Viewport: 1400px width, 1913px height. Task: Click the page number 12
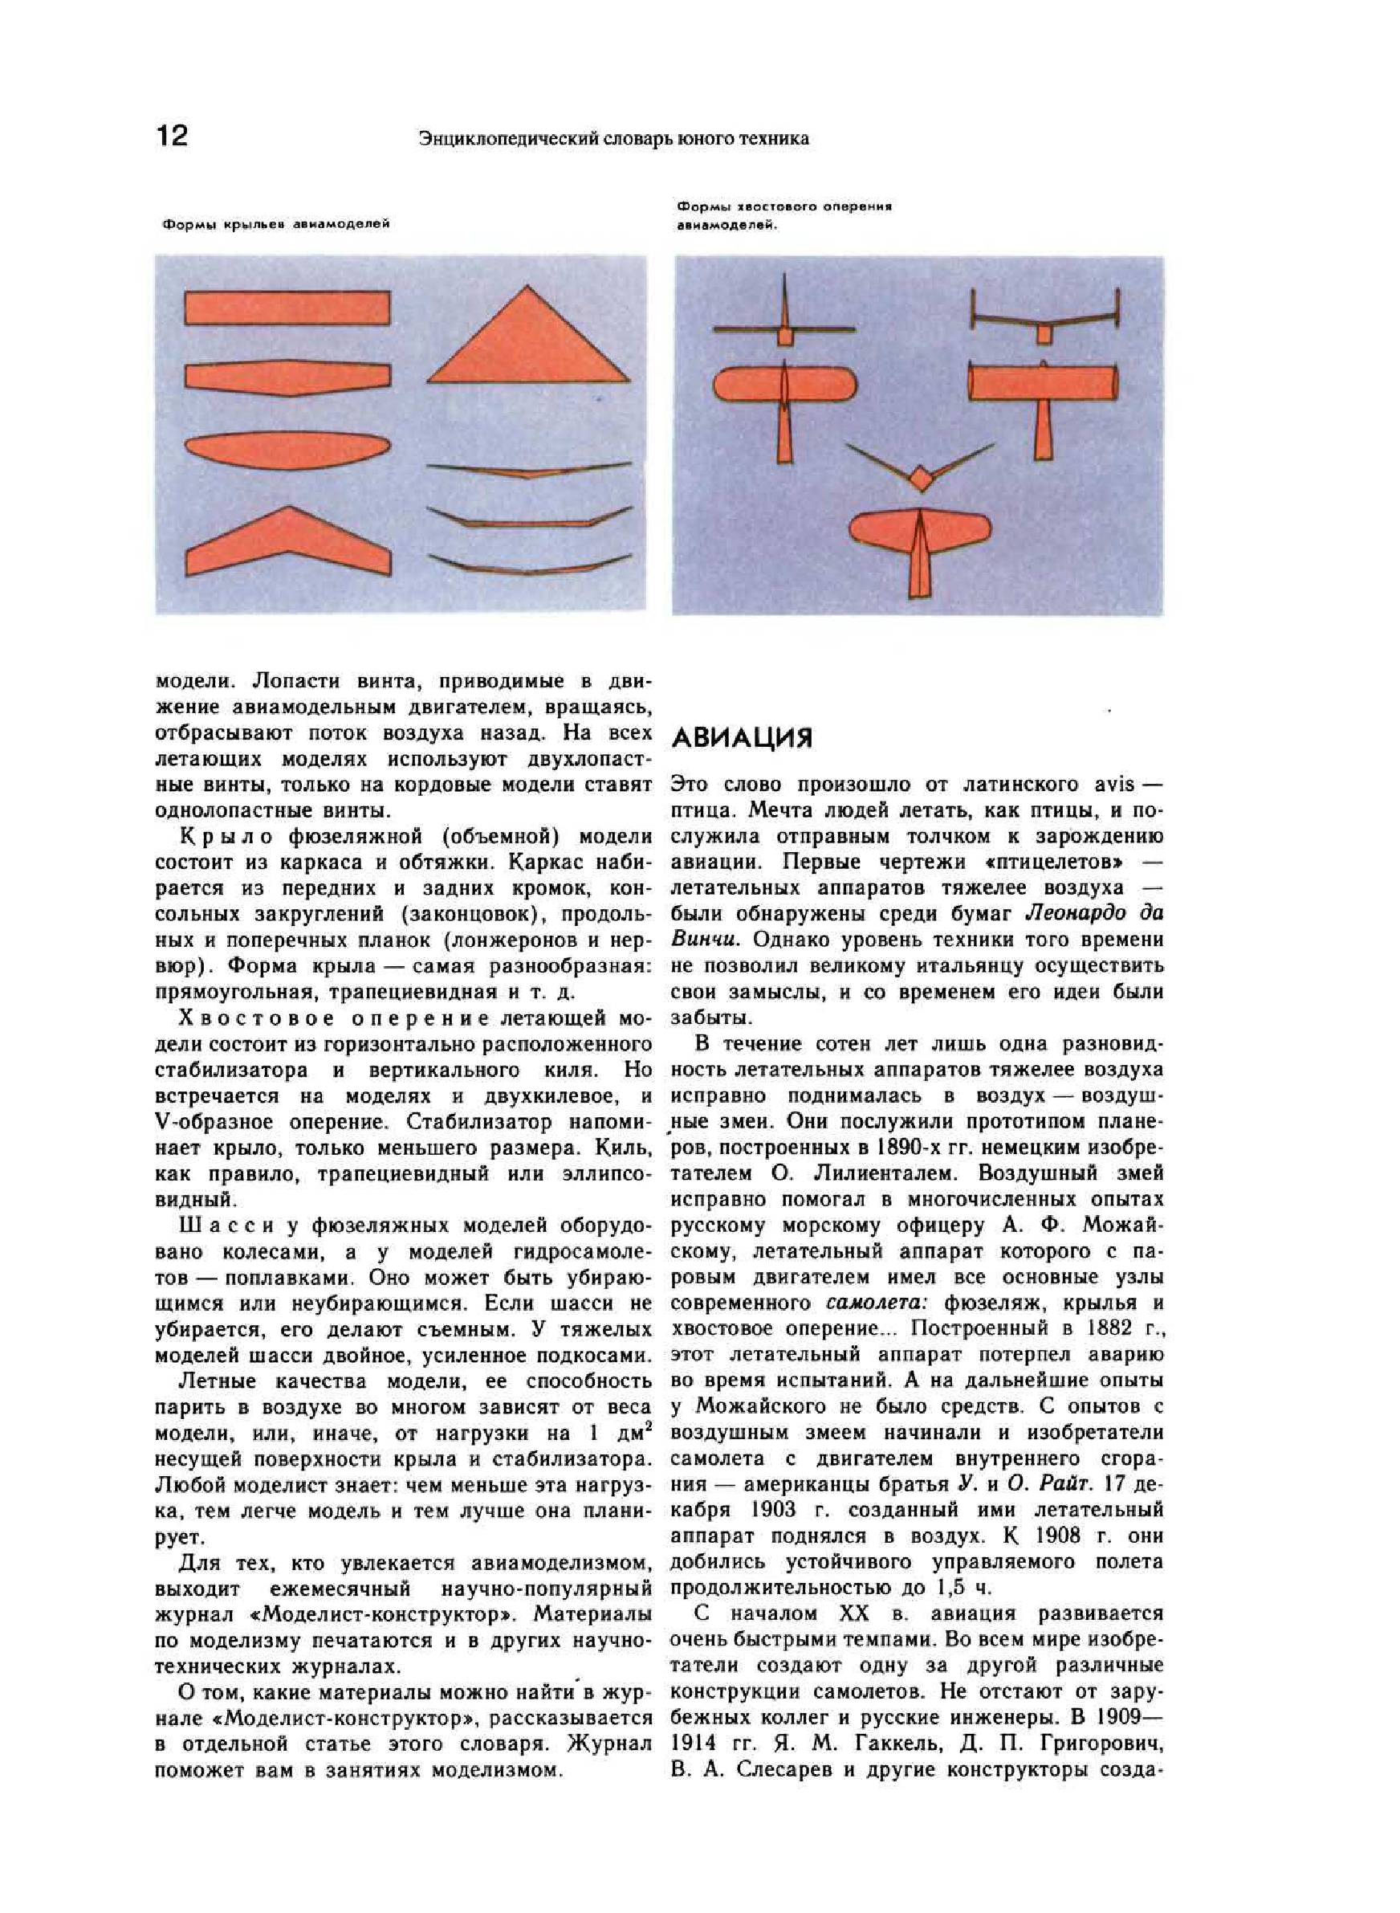[172, 135]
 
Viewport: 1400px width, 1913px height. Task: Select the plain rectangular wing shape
[287, 308]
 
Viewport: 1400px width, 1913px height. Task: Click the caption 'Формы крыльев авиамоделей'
[275, 225]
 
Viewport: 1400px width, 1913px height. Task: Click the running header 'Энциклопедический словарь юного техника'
[613, 139]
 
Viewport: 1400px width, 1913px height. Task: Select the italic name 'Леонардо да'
[1094, 914]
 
